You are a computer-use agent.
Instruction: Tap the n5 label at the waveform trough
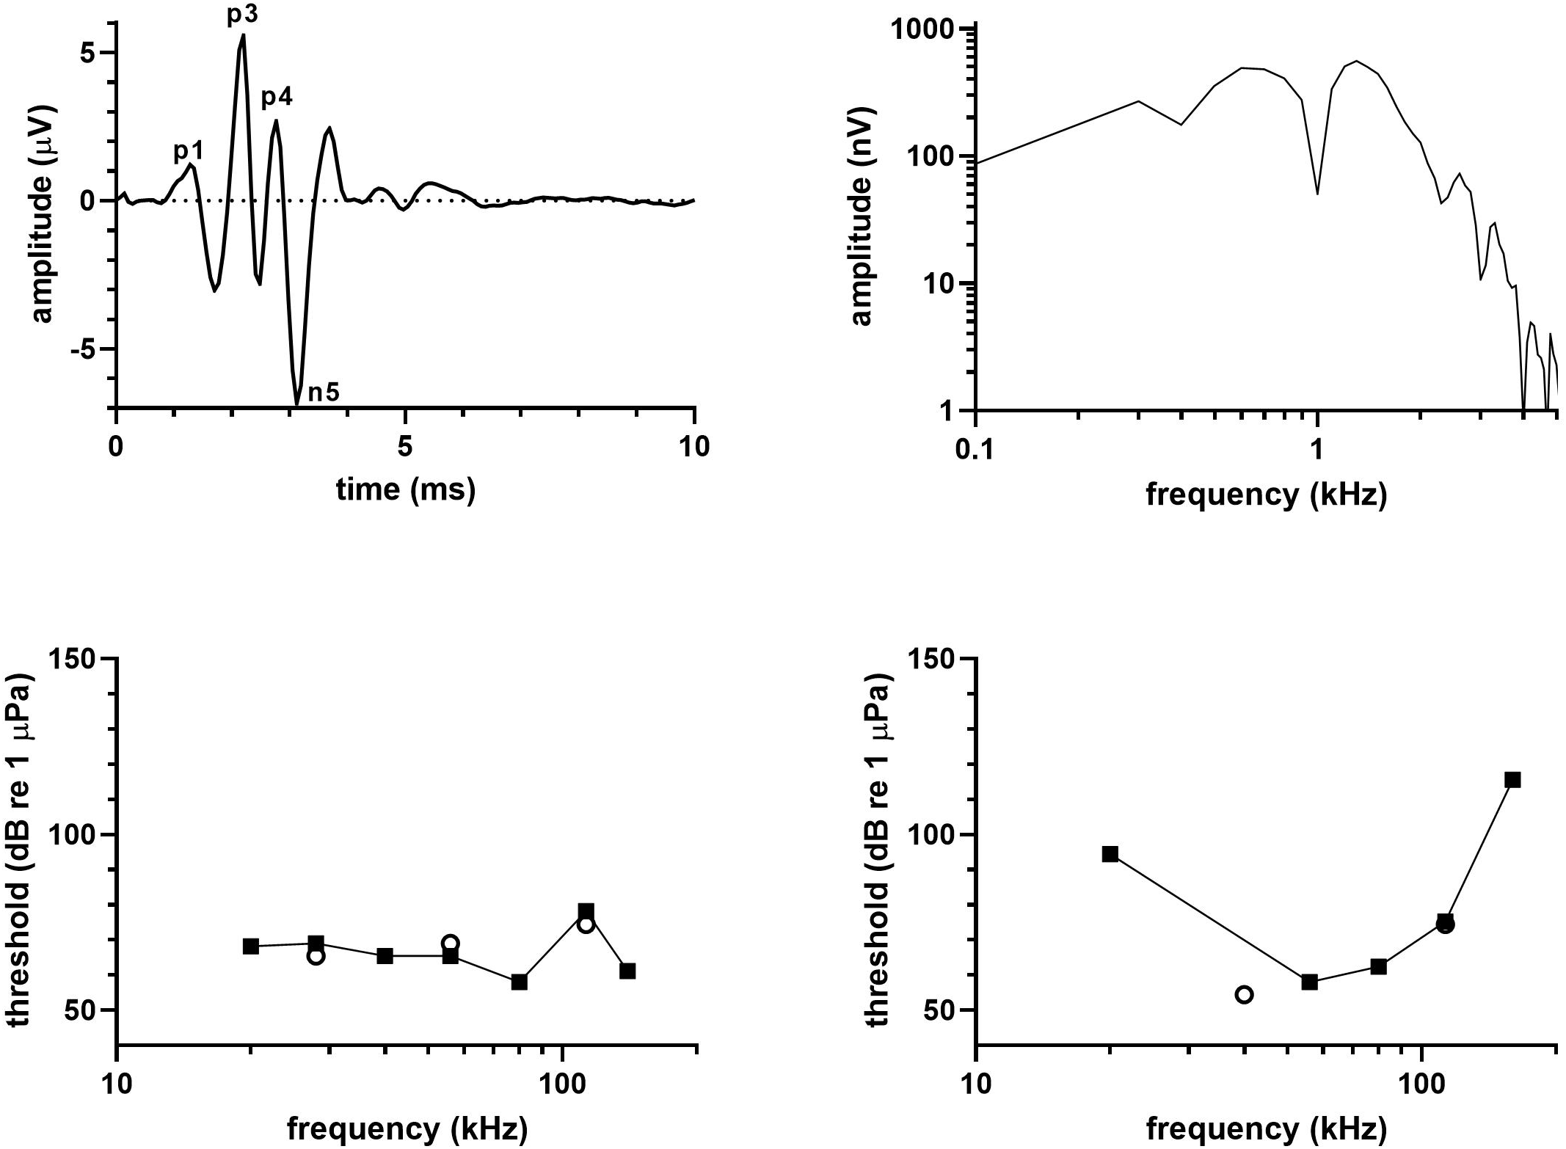323,393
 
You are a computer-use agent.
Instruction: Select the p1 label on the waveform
188,152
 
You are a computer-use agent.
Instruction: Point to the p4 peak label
277,98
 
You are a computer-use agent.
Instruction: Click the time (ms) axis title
405,489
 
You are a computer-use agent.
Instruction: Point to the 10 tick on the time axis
693,448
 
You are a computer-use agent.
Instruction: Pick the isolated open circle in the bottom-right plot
1244,995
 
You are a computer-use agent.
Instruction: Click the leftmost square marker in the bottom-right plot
1110,854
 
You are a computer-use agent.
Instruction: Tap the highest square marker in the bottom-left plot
586,911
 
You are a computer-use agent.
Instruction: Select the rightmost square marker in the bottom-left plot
627,971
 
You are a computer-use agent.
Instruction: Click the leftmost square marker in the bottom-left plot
251,946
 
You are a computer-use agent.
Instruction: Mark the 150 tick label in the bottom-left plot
76,659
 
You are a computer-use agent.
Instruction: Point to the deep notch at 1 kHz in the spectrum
1317,192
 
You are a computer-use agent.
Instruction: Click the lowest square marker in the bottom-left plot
519,982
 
